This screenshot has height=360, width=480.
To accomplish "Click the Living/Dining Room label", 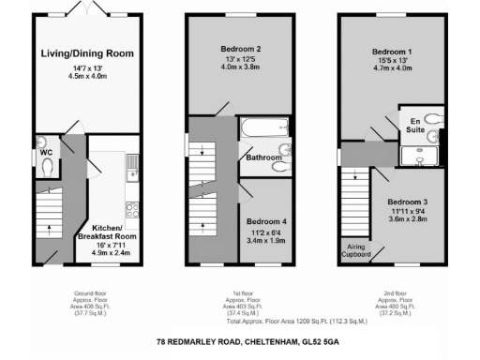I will coord(83,53).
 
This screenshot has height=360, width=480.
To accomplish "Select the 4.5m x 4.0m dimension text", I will coord(83,78).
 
